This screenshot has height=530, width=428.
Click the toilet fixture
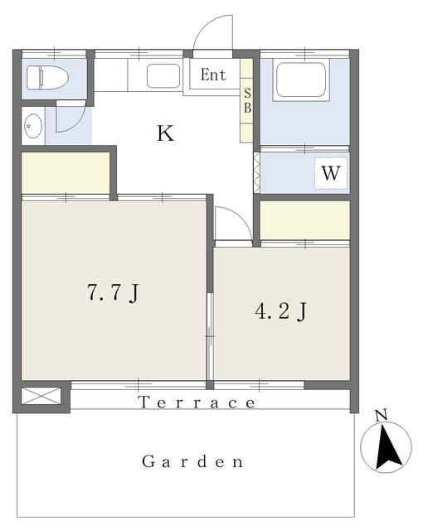[47, 77]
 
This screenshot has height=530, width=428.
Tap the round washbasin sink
[33, 126]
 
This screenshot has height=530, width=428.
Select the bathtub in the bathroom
[301, 80]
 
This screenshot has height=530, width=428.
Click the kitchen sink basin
[163, 75]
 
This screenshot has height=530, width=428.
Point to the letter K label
[165, 133]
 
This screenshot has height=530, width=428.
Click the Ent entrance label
[213, 75]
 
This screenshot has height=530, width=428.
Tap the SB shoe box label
[247, 100]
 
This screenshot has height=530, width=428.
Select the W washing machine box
[331, 173]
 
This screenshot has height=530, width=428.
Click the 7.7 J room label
[113, 292]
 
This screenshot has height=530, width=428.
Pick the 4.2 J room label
[280, 311]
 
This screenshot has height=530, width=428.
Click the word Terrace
[197, 402]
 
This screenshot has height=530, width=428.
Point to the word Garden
[192, 461]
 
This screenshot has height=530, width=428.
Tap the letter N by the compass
[382, 416]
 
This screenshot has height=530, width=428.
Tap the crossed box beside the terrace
[41, 396]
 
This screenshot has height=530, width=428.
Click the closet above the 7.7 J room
[66, 173]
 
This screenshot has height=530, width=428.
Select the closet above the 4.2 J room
[304, 220]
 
